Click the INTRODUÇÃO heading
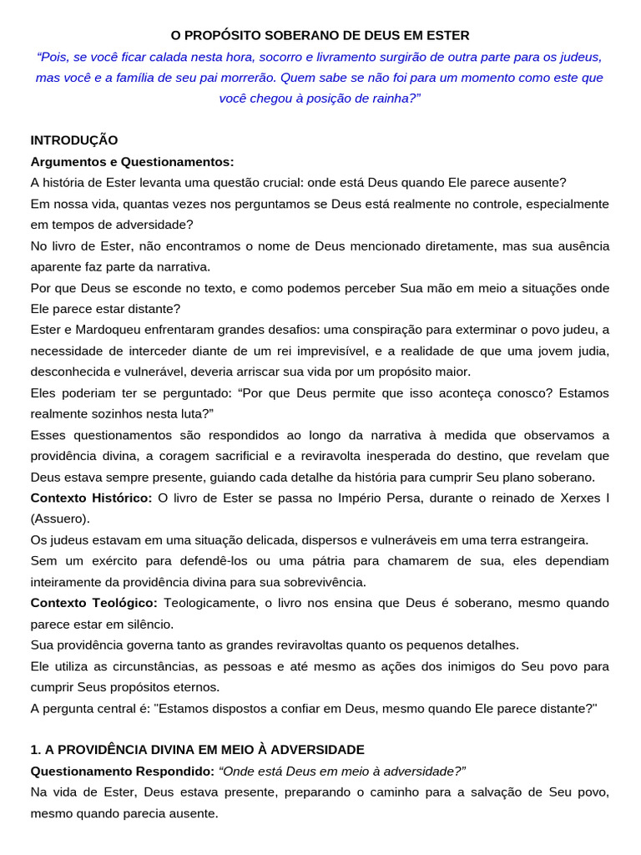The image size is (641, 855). coord(74,139)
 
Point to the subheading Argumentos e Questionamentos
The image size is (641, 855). coord(133,161)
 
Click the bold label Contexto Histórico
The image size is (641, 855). coord(91,498)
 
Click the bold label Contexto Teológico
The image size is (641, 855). coord(94,603)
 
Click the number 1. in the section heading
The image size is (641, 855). coord(36,749)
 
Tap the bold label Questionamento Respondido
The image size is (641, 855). coord(122,771)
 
